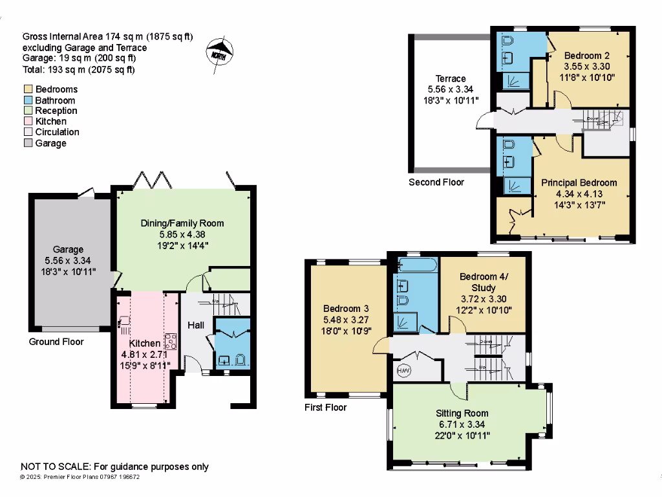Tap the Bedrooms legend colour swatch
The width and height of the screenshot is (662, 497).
tap(27, 89)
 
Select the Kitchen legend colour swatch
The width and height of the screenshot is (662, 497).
tap(27, 121)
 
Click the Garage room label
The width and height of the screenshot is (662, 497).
tap(69, 249)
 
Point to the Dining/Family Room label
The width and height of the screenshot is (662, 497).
tap(182, 223)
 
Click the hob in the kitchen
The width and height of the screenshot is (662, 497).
tap(171, 340)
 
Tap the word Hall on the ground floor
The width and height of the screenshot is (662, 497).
tap(197, 325)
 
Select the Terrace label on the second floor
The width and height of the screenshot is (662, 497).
tap(451, 78)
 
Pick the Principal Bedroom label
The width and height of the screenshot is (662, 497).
tap(579, 182)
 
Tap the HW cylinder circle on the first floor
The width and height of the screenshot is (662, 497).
tap(403, 371)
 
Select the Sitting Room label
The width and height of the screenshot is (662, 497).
tap(462, 413)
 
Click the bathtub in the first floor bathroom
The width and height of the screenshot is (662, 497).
tap(417, 265)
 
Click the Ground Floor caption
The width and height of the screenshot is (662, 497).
tap(57, 342)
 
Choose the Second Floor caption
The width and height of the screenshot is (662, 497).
tap(436, 182)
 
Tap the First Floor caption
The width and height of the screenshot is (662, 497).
tap(325, 408)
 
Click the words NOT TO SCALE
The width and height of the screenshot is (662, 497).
tap(56, 467)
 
